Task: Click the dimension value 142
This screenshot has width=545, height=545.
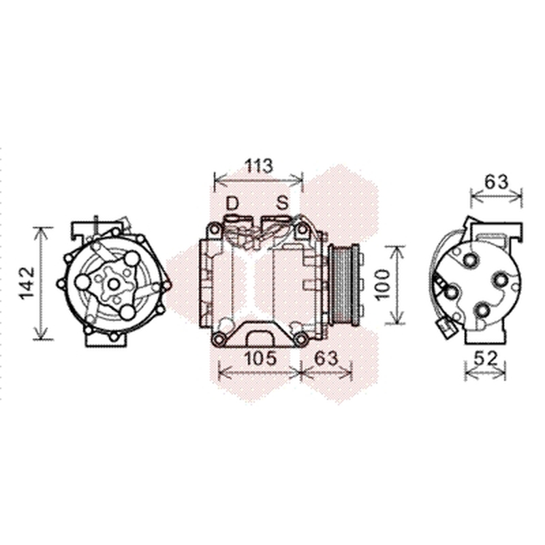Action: (x=27, y=283)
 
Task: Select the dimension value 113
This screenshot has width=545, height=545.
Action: (x=259, y=166)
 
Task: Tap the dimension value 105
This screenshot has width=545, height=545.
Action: (x=261, y=358)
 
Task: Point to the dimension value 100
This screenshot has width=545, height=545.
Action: (x=383, y=284)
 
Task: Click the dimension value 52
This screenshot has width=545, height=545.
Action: (x=486, y=359)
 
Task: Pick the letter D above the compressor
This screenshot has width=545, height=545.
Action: (x=232, y=203)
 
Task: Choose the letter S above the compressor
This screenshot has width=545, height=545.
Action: (x=282, y=203)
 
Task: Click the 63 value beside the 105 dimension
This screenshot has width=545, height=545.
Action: (x=326, y=358)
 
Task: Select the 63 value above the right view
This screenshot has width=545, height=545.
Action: (x=497, y=182)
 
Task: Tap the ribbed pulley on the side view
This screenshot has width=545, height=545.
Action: (x=344, y=284)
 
